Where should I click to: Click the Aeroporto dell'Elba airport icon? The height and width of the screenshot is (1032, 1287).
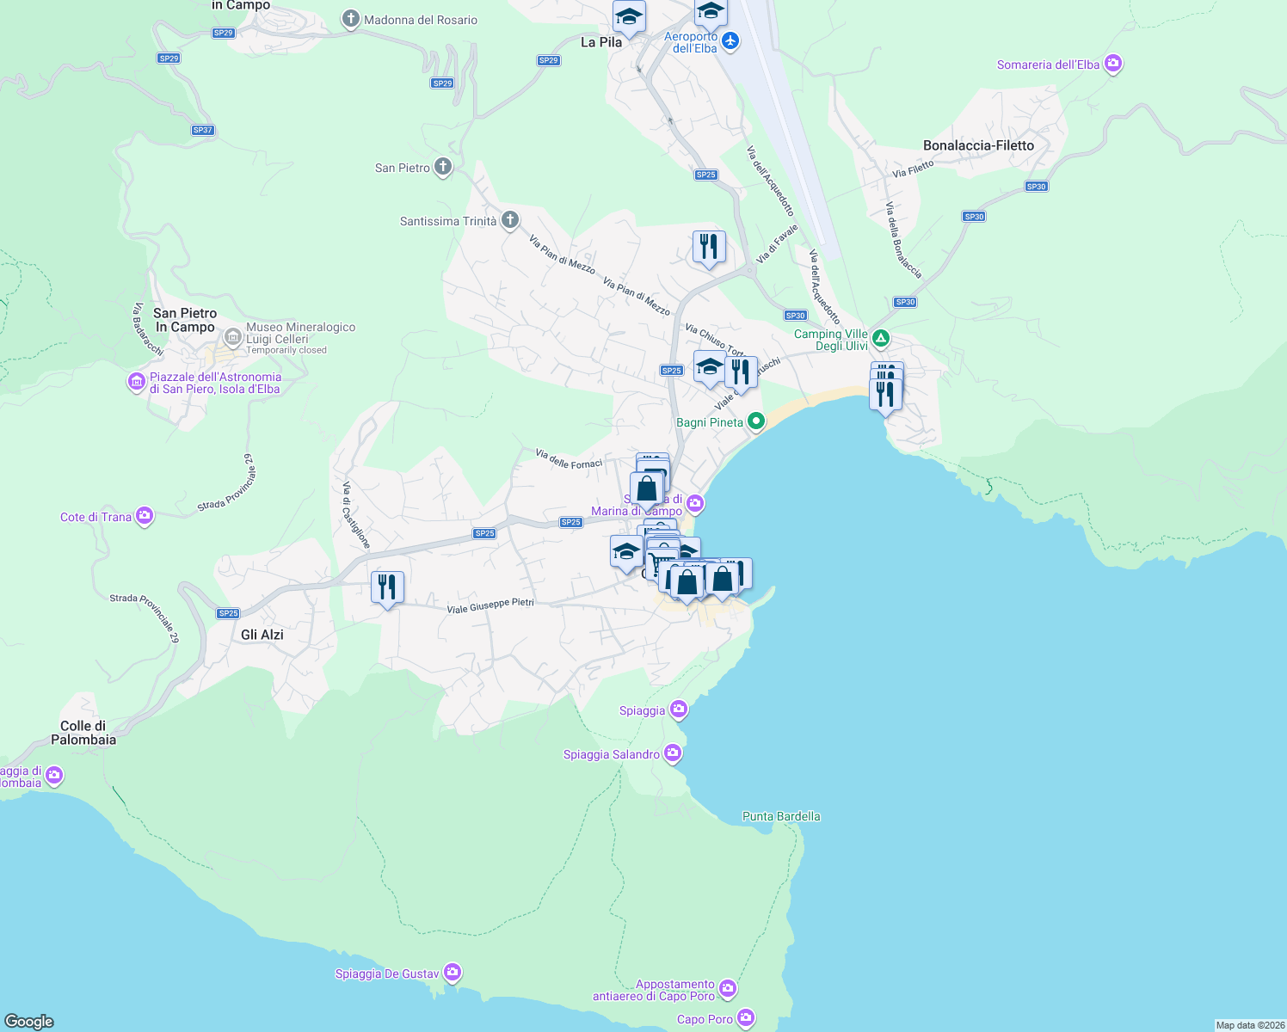point(730,41)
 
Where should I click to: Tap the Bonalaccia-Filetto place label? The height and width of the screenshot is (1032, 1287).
point(978,145)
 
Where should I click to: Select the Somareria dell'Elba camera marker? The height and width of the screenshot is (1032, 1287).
point(1113,64)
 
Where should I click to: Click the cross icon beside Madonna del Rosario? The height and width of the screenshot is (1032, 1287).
point(350,19)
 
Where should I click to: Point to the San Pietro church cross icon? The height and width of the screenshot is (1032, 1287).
point(443,167)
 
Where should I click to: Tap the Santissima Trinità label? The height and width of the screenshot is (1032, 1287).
point(448,221)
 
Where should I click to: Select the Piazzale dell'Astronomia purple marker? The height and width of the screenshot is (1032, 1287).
point(136,381)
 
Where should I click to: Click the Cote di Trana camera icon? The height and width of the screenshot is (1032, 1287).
point(145,516)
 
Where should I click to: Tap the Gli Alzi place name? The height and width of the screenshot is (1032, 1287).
point(262,635)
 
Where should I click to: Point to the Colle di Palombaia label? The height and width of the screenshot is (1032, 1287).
point(83,733)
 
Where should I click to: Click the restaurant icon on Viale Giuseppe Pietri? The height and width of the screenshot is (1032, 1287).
point(387,587)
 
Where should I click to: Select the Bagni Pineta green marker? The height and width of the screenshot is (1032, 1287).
point(755,421)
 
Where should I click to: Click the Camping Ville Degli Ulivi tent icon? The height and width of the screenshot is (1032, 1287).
point(880,338)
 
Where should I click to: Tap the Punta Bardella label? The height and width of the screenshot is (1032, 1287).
point(781,816)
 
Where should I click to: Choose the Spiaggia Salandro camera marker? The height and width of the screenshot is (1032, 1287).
point(673,753)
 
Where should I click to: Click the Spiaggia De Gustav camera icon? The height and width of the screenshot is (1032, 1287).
point(453,973)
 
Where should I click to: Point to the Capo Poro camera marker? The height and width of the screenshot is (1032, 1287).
point(746,1018)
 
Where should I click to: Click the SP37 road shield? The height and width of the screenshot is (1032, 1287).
point(202,131)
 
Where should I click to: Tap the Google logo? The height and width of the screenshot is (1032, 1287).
point(29,1021)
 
